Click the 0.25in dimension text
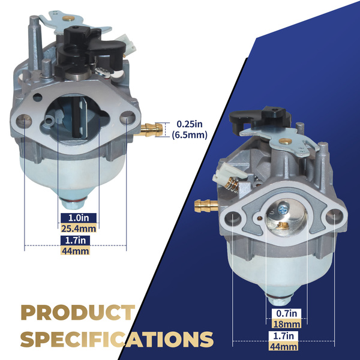(x=190, y=124)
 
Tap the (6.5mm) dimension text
(x=190, y=135)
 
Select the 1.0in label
(x=79, y=218)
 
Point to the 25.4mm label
(x=79, y=229)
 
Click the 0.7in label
(x=286, y=313)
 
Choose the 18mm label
(x=286, y=324)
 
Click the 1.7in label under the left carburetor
(x=76, y=241)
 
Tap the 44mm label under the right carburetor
(x=283, y=346)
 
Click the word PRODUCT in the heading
(x=78, y=313)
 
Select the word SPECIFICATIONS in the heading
(x=117, y=339)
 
